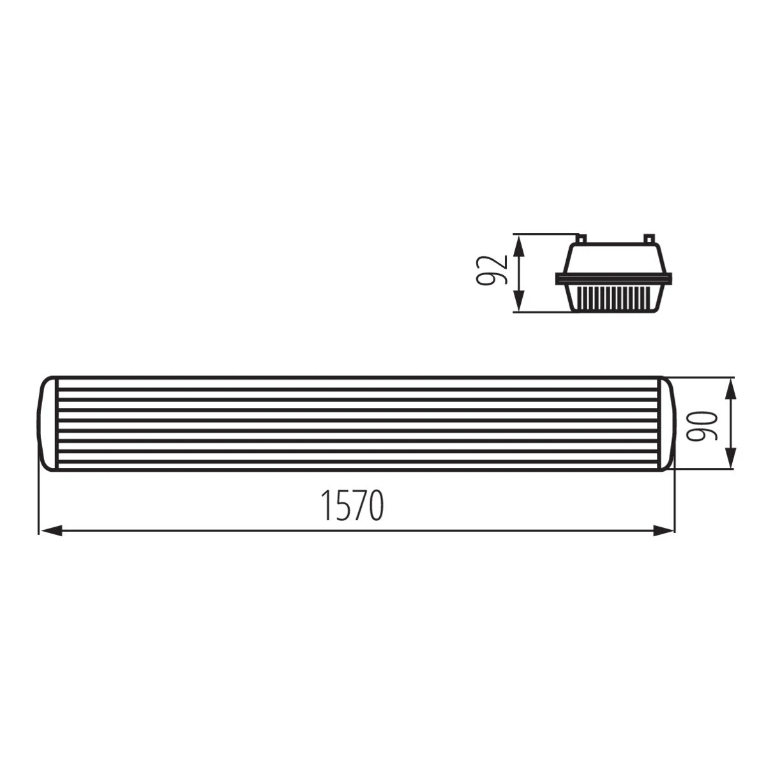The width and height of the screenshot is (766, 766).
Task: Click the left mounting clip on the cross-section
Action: pos(581,238)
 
